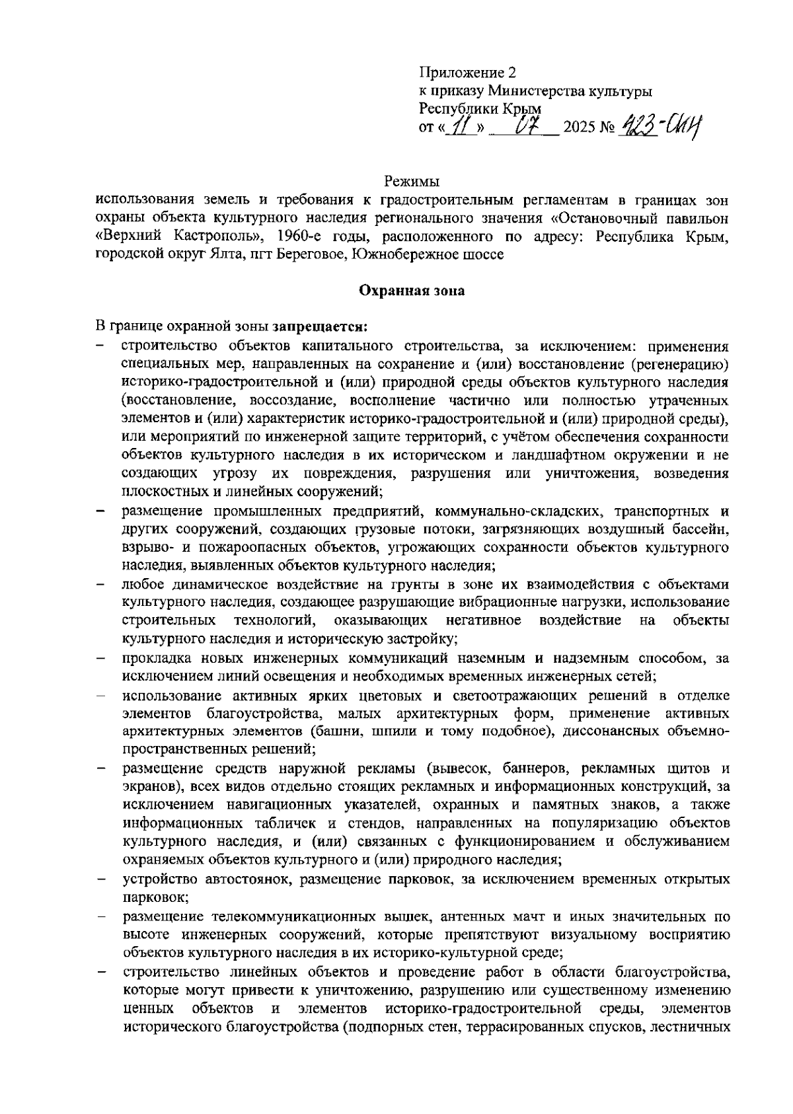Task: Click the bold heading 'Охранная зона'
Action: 412,290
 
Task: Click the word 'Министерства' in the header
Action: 562,91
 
